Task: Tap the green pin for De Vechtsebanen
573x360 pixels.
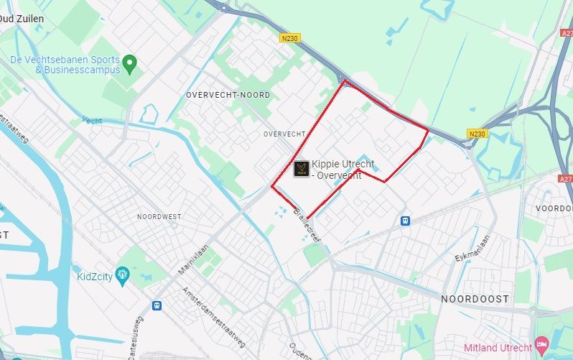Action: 129,65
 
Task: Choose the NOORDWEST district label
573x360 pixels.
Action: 159,216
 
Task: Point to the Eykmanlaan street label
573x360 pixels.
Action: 471,248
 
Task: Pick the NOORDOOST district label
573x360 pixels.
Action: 475,298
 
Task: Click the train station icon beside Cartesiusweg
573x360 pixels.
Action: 157,305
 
